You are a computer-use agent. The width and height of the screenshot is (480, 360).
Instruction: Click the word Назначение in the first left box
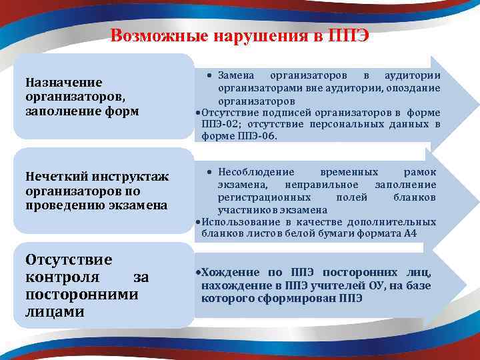click(x=63, y=82)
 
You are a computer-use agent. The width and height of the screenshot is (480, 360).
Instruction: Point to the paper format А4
click(x=429, y=233)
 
